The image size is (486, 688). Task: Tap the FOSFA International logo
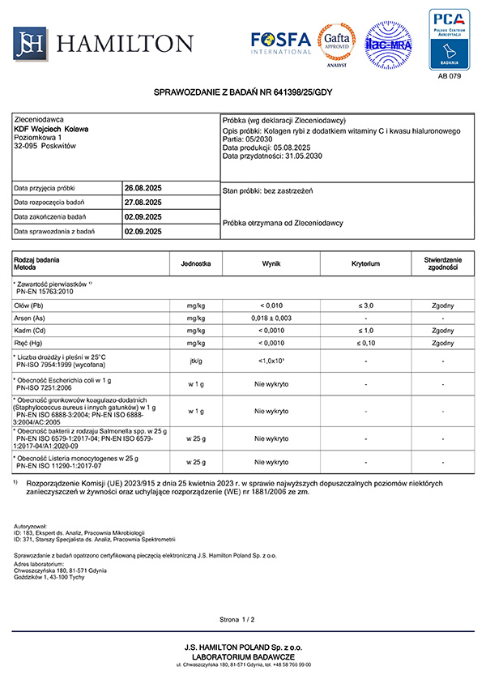pos(281,42)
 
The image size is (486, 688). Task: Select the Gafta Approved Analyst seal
pos(336,43)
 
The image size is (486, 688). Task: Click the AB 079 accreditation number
pos(449,76)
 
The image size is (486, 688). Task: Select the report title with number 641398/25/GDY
pos(243,95)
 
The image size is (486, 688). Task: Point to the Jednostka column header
pos(196,263)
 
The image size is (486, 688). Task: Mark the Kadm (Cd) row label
pos(30,331)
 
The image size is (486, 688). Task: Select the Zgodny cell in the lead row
pos(443,306)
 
